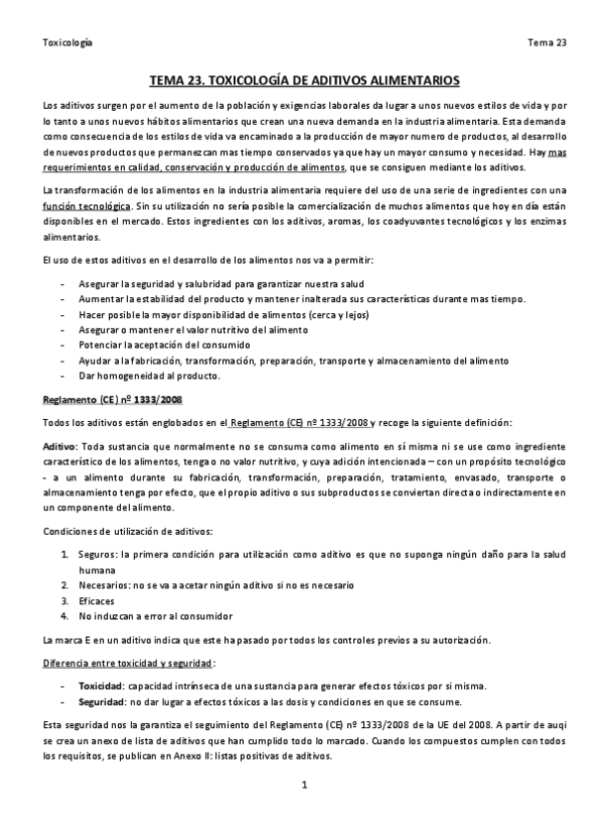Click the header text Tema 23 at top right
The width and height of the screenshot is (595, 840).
[546, 42]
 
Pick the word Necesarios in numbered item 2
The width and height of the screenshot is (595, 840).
[104, 585]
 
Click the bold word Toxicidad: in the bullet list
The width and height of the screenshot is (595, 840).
[101, 686]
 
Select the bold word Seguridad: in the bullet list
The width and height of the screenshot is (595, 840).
[102, 702]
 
